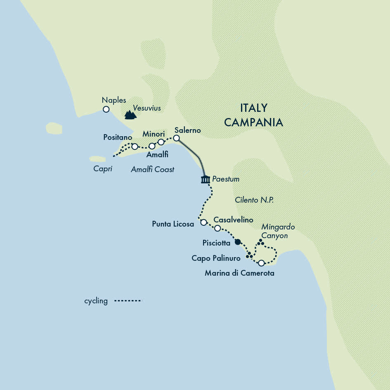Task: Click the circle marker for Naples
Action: tap(106, 109)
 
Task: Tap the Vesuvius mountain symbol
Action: tap(130, 115)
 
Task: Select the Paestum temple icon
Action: tap(205, 180)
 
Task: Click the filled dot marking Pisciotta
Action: tap(237, 242)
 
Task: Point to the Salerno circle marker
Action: tap(176, 138)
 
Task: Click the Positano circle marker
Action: tap(135, 147)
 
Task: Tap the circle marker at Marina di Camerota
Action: tap(261, 263)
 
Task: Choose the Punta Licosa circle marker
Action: tap(203, 222)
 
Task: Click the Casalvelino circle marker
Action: tap(217, 228)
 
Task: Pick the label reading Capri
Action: tap(103, 169)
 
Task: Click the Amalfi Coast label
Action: tap(153, 169)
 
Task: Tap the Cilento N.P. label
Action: tap(254, 200)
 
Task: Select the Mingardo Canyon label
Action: tap(274, 232)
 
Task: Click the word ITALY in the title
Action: tap(253, 108)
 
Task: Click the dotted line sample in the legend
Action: tap(128, 301)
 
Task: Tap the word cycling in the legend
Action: tap(96, 301)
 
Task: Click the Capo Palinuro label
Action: tap(216, 258)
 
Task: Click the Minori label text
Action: tap(154, 134)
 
